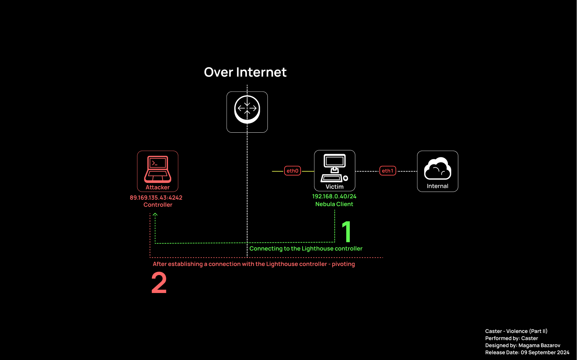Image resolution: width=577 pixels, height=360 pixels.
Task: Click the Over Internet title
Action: point(245,72)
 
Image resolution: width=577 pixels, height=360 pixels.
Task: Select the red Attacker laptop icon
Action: point(158,169)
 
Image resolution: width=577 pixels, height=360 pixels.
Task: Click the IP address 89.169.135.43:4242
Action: point(156,198)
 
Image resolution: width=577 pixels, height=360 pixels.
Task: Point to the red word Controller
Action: point(158,205)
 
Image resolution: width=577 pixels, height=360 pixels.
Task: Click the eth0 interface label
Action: point(292,171)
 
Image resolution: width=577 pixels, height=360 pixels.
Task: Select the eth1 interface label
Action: point(387,171)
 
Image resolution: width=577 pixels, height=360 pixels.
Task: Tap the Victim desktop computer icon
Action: point(334,168)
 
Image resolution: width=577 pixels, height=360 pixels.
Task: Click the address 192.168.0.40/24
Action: point(334,196)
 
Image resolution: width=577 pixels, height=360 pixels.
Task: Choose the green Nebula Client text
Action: point(334,204)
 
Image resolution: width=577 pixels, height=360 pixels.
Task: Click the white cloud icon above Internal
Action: point(437,169)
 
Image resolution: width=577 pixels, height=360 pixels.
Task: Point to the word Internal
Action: point(437,186)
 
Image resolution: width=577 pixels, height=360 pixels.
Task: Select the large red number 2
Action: point(159,283)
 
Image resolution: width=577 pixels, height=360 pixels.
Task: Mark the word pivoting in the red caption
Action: point(343,264)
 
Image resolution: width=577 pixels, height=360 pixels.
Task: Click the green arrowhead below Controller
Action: point(155,215)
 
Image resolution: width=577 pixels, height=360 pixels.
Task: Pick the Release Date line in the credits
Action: point(527,352)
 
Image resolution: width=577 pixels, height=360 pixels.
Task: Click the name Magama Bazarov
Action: point(539,345)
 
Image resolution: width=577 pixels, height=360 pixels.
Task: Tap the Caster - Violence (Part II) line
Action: point(516,331)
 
